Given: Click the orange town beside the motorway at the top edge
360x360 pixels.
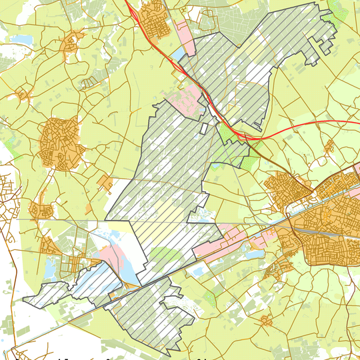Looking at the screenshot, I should pyautogui.click(x=153, y=18).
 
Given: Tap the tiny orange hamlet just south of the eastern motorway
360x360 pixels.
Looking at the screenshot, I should pyautogui.click(x=328, y=146).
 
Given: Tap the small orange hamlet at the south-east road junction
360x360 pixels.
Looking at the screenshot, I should pyautogui.click(x=266, y=321).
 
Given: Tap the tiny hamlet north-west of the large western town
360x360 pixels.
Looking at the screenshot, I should pyautogui.click(x=23, y=94).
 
